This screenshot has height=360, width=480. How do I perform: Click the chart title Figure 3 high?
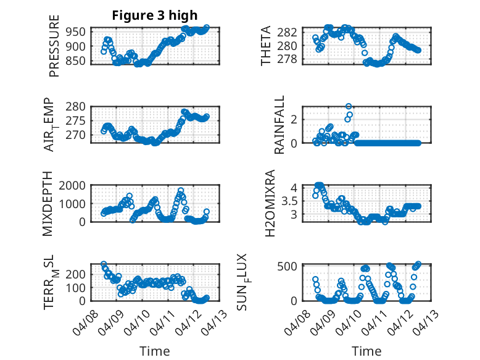pos(155,15)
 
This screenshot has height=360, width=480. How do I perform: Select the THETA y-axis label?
pos(266,46)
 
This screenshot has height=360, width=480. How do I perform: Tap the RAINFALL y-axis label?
pos(279,125)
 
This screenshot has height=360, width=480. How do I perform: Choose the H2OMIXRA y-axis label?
pos(270,204)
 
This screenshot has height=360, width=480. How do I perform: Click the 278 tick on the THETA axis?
pos(291,59)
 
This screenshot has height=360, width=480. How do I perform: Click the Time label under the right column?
pos(366,351)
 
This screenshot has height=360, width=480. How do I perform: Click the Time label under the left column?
pos(155,351)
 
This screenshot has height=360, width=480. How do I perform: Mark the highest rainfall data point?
pos(349,107)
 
